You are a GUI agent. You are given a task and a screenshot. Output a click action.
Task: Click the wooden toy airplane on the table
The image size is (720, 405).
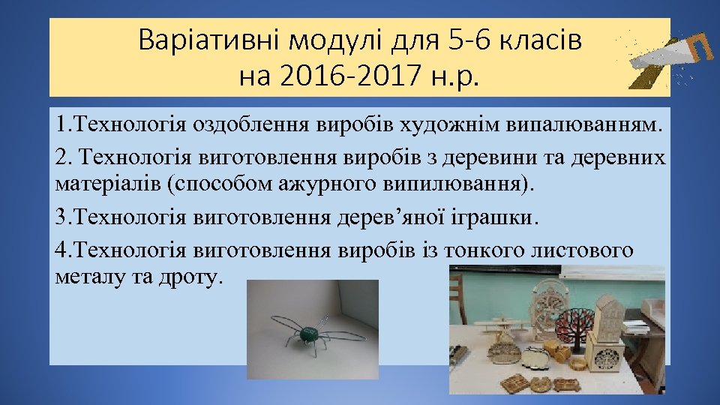tap(499, 328)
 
